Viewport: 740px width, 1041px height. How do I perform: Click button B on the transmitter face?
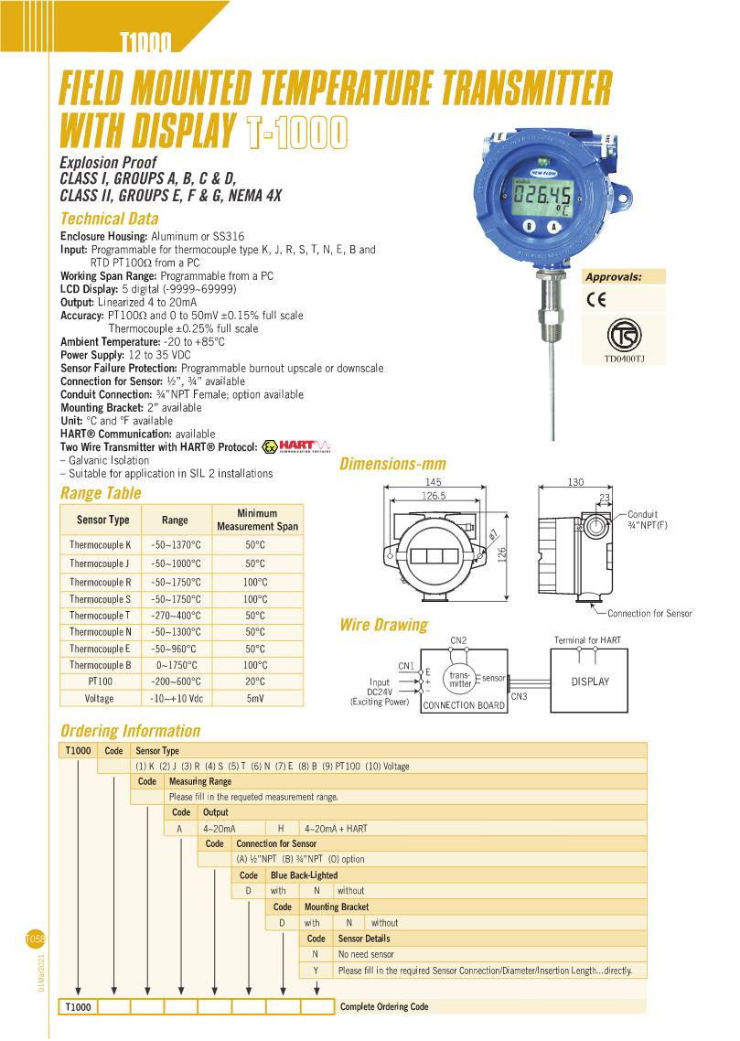[530, 226]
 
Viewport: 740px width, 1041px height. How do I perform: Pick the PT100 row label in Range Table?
[101, 681]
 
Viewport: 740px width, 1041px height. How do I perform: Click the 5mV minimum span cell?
[256, 698]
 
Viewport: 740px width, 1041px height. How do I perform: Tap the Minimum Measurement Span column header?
[256, 520]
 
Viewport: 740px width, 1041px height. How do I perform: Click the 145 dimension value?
[434, 482]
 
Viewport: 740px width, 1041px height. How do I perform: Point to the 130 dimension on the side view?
[576, 482]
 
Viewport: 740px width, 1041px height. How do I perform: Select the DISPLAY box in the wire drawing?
[590, 681]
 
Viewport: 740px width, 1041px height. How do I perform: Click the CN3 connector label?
[519, 697]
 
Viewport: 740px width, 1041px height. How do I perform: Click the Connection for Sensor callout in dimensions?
[649, 613]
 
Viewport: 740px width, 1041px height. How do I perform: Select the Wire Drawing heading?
[383, 626]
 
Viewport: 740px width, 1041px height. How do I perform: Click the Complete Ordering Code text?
[383, 1006]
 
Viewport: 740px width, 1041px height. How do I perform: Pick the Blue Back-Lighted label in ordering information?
[297, 875]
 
